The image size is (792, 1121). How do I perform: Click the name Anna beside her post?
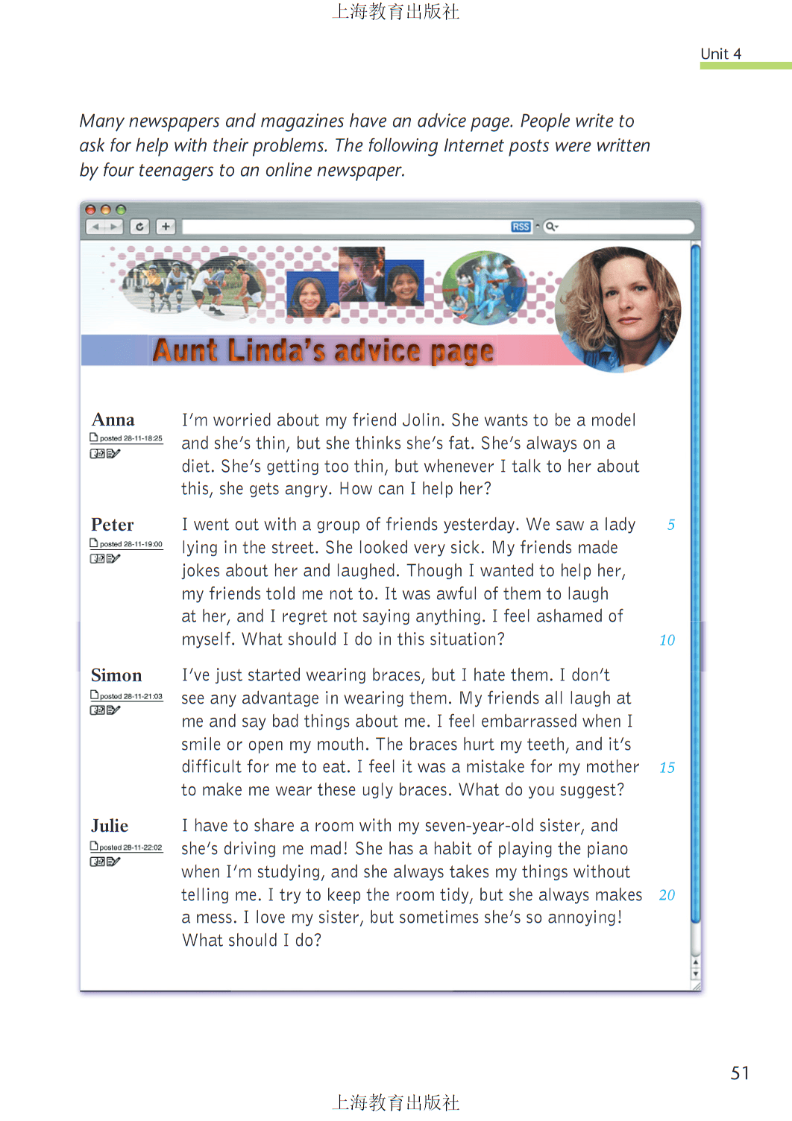[x=113, y=420]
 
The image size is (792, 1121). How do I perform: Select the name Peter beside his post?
[x=112, y=525]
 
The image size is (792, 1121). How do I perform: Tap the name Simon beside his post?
[x=116, y=675]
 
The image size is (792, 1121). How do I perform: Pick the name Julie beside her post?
[x=110, y=826]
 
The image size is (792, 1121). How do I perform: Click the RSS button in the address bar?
[x=521, y=227]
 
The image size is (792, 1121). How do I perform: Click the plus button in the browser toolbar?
[x=166, y=227]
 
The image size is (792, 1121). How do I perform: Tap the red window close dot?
[x=90, y=210]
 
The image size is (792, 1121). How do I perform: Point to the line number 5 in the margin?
[x=671, y=525]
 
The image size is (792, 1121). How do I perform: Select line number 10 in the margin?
[x=667, y=640]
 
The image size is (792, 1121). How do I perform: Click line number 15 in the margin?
[x=667, y=768]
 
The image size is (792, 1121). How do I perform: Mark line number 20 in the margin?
[x=667, y=895]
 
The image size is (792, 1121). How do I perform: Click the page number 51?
[x=740, y=1073]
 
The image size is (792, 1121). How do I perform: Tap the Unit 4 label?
[x=720, y=54]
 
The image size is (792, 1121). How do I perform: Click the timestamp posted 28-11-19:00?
[x=131, y=544]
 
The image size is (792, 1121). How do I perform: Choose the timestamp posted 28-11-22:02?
[x=131, y=847]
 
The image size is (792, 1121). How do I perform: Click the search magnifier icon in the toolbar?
[x=550, y=227]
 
